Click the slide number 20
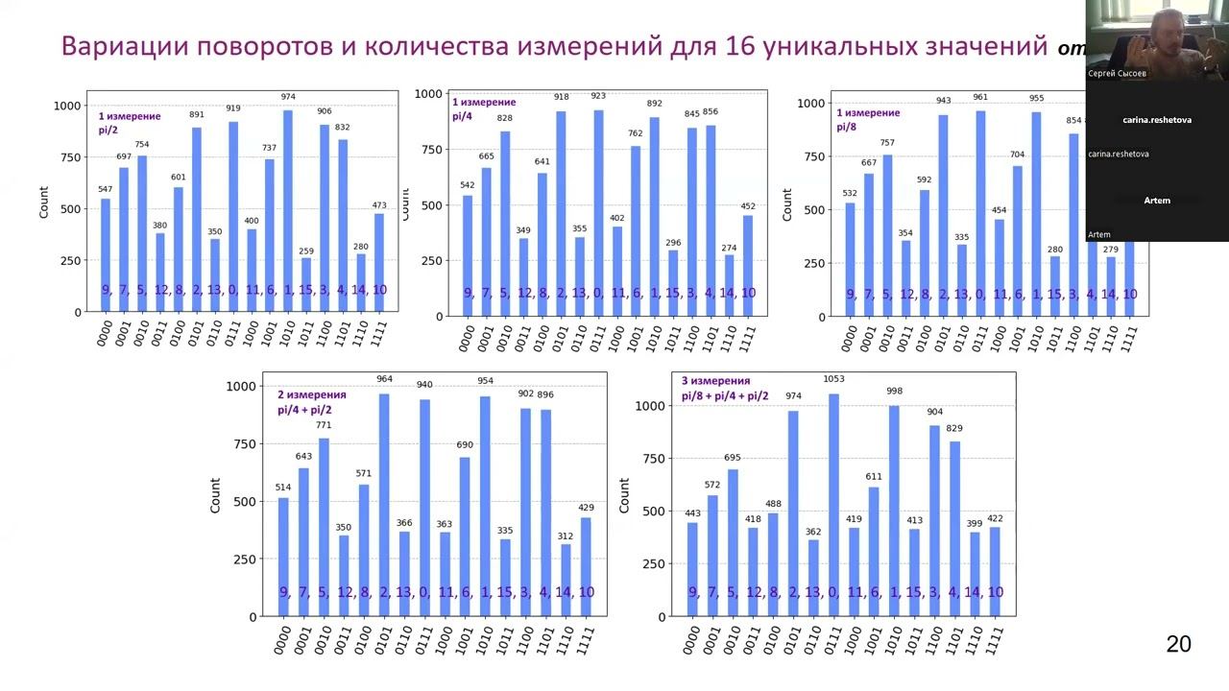click(1178, 644)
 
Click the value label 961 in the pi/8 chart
click(980, 97)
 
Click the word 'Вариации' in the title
click(120, 46)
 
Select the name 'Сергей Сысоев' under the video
click(1117, 73)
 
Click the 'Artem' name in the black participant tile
click(1157, 201)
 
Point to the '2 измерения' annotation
click(311, 394)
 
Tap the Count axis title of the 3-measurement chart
click(624, 495)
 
